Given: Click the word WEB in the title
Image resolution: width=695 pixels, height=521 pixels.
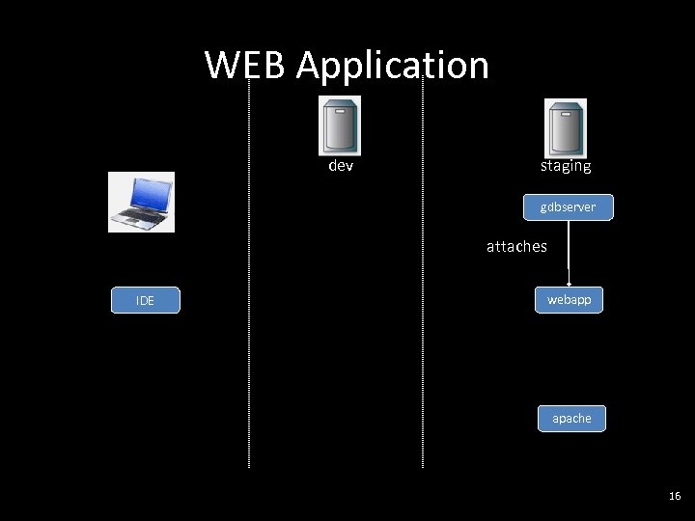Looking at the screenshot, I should click(x=246, y=66).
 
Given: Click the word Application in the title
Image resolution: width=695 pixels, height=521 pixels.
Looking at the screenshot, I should click(x=393, y=66).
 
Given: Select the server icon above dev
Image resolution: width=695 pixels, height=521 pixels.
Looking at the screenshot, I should click(x=340, y=125).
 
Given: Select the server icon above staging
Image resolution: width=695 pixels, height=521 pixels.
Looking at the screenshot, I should click(x=566, y=127).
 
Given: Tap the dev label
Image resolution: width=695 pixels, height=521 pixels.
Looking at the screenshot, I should click(x=341, y=166).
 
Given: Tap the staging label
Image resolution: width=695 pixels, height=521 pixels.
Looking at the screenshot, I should click(x=566, y=166).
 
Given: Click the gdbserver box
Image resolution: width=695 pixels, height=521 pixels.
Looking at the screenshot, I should click(x=568, y=207).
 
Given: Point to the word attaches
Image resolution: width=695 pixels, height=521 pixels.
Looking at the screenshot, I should click(x=516, y=246).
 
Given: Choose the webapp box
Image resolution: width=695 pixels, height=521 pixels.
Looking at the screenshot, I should click(x=569, y=300).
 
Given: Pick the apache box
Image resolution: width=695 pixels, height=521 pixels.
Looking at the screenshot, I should click(x=571, y=418).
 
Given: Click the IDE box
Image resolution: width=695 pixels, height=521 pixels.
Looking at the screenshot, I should click(x=145, y=301).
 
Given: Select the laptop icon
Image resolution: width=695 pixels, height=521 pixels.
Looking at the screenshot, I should click(x=141, y=202).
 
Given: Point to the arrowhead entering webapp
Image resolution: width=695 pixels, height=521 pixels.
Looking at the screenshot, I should click(x=569, y=284).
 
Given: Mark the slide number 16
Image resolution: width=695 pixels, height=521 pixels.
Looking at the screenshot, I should click(x=674, y=496).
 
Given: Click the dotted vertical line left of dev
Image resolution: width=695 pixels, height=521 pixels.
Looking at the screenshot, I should click(x=249, y=289).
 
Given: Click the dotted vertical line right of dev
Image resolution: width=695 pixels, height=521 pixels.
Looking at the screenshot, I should click(x=423, y=289).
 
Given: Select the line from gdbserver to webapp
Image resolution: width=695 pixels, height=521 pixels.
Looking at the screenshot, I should click(x=569, y=251).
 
